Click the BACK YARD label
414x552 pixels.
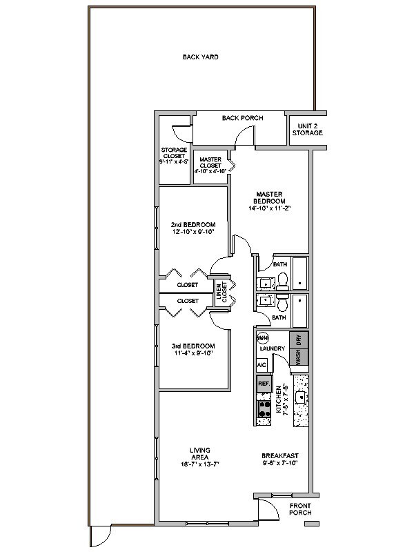pyautogui.click(x=200, y=57)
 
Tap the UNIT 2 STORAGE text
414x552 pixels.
pyautogui.click(x=307, y=129)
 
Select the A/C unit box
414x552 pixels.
pyautogui.click(x=262, y=364)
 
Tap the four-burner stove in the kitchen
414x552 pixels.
pyautogui.click(x=263, y=410)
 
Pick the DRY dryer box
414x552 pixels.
pyautogui.click(x=299, y=339)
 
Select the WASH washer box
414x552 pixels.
pyautogui.click(x=299, y=357)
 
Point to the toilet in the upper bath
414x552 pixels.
pyautogui.click(x=282, y=280)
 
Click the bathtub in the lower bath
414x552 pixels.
pyautogui.click(x=299, y=310)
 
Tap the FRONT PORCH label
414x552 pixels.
pyautogui.click(x=300, y=509)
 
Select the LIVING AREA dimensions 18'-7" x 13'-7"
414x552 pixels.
pyautogui.click(x=200, y=464)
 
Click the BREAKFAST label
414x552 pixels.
pyautogui.click(x=279, y=455)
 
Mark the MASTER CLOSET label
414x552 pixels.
pyautogui.click(x=210, y=164)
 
